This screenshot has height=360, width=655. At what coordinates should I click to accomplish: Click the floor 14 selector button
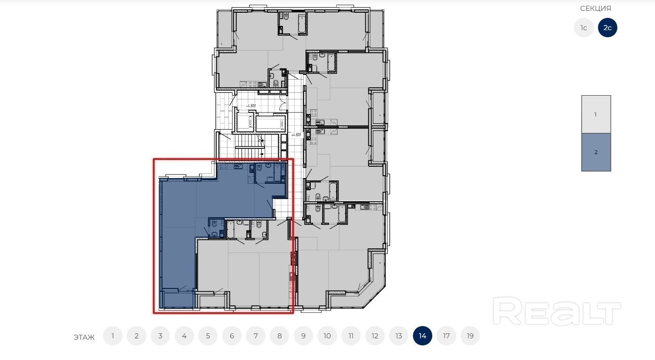422,335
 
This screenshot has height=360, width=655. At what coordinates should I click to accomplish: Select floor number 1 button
113,335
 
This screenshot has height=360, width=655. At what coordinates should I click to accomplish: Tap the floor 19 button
470,335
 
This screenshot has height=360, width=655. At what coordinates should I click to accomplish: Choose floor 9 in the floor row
303,335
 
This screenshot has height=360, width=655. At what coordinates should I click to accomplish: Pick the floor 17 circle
446,335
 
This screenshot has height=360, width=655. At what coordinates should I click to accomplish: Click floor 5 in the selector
208,335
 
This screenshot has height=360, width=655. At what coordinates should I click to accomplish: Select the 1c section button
583,28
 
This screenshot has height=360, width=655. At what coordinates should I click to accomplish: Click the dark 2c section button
607,28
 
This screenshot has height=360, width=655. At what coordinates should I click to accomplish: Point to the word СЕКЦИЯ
596,8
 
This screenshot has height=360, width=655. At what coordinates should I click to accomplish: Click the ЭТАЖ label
84,337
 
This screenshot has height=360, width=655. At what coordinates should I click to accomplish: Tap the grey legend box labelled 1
596,115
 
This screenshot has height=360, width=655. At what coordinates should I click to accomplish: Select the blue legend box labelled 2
596,152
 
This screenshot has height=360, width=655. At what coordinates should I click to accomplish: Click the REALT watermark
557,311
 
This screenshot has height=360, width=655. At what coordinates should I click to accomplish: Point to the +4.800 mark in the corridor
296,135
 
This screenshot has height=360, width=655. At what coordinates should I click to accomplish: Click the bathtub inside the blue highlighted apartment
277,172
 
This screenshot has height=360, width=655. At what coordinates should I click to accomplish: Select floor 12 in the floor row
375,335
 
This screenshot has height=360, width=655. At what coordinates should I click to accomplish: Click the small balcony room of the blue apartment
178,299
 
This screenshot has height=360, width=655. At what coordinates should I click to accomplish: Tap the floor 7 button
256,335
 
